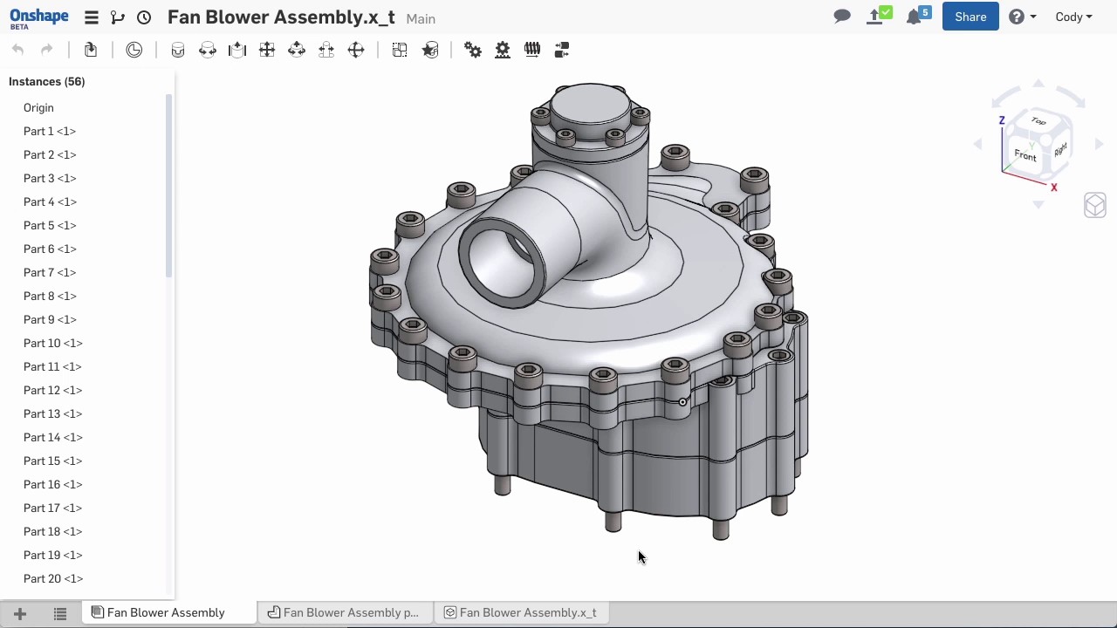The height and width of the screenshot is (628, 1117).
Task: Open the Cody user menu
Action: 1073,17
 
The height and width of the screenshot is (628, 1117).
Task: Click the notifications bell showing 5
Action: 915,17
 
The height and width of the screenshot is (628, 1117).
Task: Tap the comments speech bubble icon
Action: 842,17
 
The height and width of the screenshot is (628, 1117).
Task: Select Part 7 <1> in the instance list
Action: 50,272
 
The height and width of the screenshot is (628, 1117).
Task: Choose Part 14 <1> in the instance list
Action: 52,437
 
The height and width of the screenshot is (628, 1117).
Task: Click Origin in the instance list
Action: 38,107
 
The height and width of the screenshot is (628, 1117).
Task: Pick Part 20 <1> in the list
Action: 52,578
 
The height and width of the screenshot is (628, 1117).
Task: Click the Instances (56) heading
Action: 47,81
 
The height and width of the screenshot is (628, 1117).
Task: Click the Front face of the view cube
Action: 1025,156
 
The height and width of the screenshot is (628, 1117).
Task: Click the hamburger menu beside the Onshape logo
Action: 91,17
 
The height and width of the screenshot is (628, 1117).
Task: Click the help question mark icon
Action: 1017,17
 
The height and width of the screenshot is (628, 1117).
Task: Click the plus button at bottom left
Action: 20,613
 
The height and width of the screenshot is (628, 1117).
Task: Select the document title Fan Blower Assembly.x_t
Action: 281,17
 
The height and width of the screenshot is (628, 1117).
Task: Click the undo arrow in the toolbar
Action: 18,50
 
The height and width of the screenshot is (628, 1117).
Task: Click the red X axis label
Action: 1054,187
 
